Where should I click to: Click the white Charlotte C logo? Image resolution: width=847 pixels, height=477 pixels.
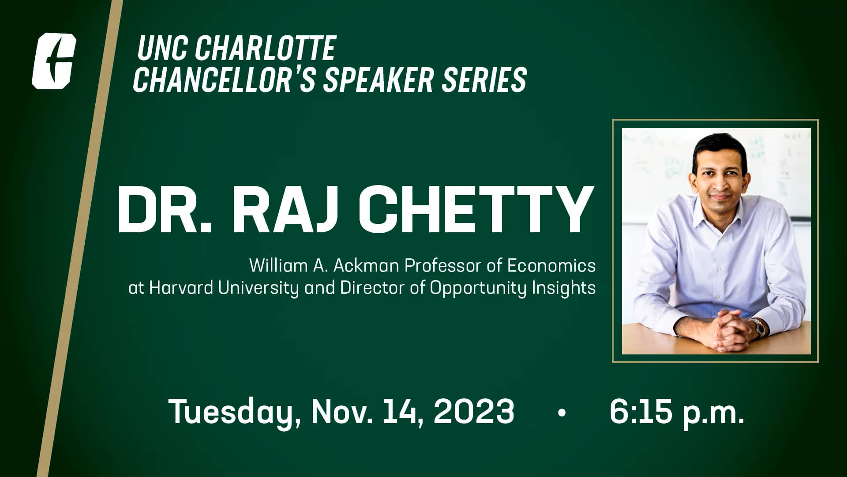pos(54,61)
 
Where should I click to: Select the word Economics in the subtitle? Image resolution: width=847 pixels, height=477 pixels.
pos(551,266)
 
